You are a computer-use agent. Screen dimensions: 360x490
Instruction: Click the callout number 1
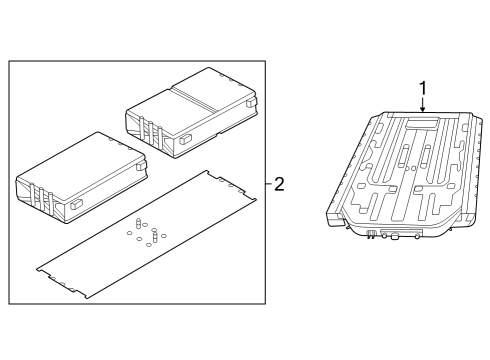pos(422,88)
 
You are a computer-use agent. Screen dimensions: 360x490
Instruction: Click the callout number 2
pos(279,183)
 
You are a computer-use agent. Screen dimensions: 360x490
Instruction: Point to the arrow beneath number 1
pos(422,106)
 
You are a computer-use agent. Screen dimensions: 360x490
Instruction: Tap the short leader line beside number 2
pos(267,183)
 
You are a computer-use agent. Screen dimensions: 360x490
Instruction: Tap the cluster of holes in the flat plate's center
pos(146,232)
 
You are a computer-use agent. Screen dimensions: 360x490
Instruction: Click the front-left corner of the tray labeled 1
pos(337,208)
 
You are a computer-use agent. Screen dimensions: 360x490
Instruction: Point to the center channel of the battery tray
pos(410,170)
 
